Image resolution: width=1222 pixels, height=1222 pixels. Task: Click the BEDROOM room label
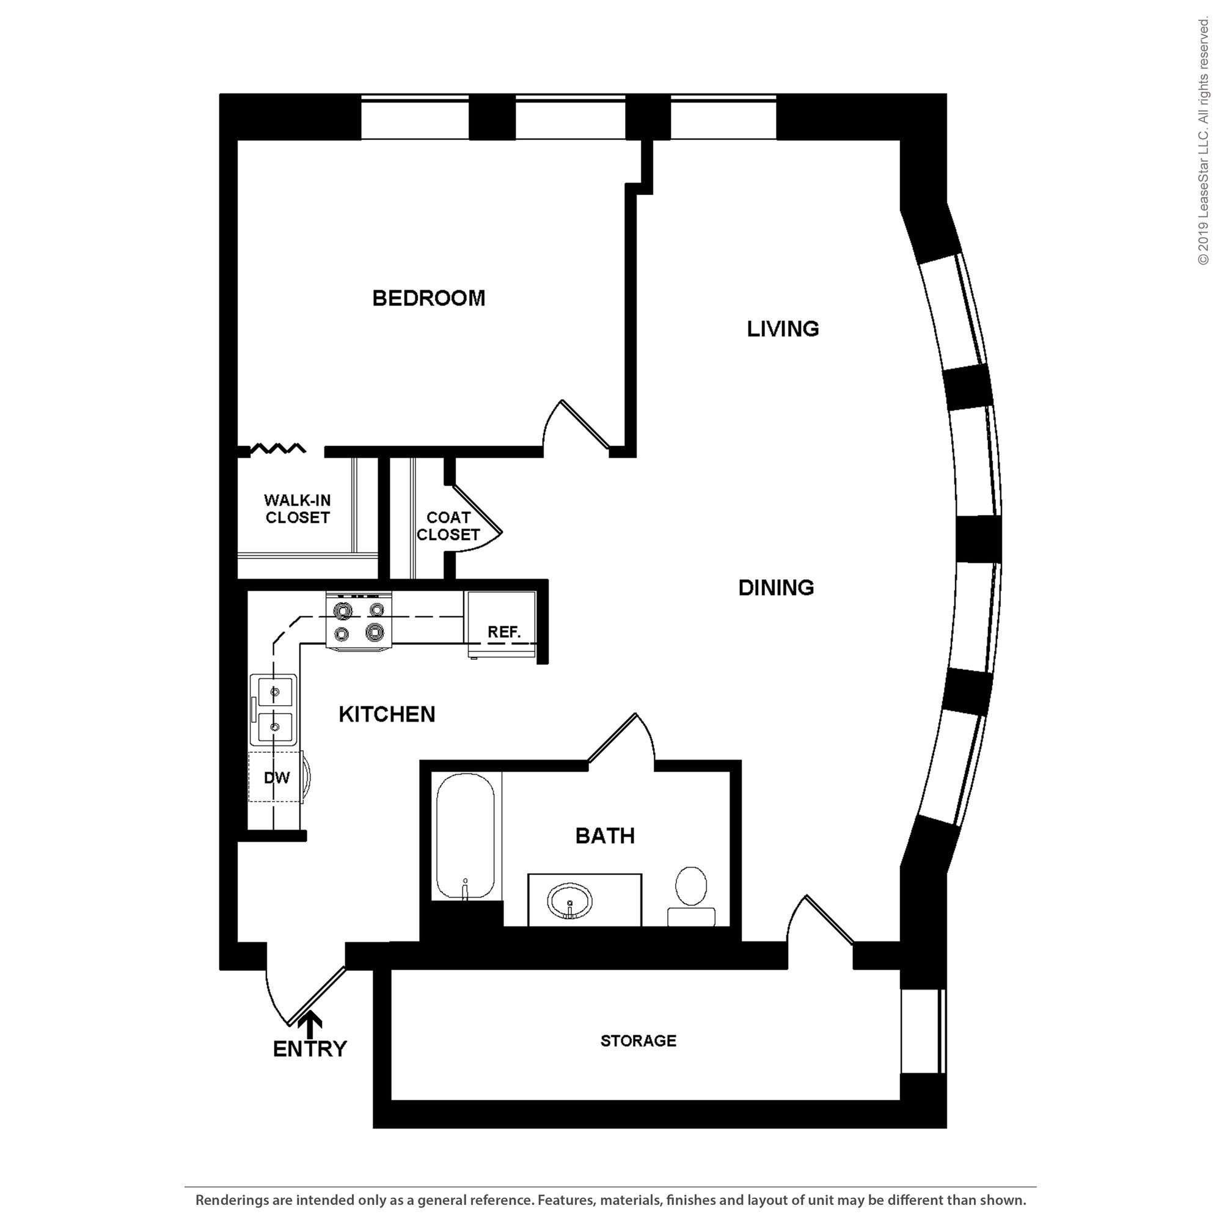(x=428, y=298)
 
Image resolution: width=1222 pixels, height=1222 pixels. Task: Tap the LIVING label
(x=783, y=329)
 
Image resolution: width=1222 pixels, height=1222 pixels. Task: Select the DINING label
(x=776, y=588)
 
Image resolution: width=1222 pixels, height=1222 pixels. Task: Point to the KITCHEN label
(x=387, y=714)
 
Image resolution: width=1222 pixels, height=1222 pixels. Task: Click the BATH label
(x=605, y=835)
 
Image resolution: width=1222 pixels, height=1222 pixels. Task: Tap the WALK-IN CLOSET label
(x=298, y=508)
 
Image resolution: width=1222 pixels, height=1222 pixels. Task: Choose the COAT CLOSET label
(x=448, y=525)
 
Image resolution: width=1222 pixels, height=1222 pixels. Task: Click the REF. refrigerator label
(x=504, y=632)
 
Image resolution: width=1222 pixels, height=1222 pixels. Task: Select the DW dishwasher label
(x=276, y=777)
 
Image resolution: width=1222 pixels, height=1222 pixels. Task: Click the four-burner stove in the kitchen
(x=359, y=621)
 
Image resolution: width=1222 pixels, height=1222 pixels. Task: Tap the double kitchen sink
(x=273, y=709)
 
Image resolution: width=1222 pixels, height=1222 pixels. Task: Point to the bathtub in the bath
(x=466, y=835)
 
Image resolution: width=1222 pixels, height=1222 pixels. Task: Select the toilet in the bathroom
(x=691, y=896)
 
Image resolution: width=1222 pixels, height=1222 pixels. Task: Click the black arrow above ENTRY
(x=310, y=961)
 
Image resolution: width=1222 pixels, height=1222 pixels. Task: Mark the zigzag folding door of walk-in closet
(x=278, y=448)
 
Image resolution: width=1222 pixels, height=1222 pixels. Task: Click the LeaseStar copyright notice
(x=1202, y=142)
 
